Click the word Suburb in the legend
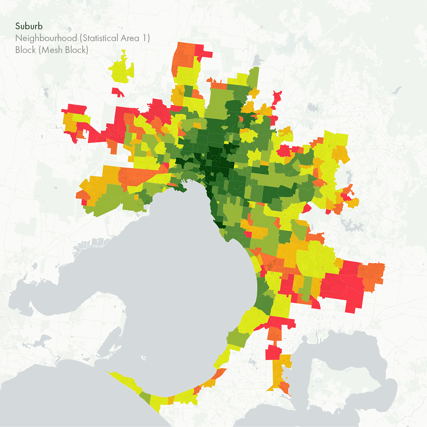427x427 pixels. (x=29, y=26)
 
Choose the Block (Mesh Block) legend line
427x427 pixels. (x=51, y=50)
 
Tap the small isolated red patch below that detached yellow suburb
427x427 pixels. (x=118, y=92)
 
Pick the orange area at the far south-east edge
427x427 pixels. (x=372, y=277)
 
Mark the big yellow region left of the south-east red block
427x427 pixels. (x=316, y=259)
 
